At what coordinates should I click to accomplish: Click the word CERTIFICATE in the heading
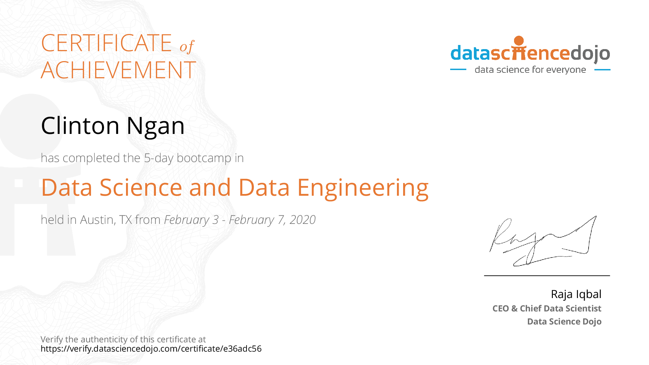pyautogui.click(x=106, y=43)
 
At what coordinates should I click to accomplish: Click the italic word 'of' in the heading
pyautogui.click(x=187, y=46)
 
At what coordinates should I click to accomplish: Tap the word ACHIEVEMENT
pyautogui.click(x=118, y=70)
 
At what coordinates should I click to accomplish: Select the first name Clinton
pyautogui.click(x=80, y=126)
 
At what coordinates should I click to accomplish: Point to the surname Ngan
pyautogui.click(x=156, y=126)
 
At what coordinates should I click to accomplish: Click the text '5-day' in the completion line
pyautogui.click(x=159, y=158)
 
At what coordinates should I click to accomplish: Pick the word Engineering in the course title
pyautogui.click(x=363, y=189)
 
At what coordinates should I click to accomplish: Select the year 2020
pyautogui.click(x=303, y=220)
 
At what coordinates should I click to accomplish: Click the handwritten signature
pyautogui.click(x=543, y=241)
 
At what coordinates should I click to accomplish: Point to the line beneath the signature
pyautogui.click(x=547, y=276)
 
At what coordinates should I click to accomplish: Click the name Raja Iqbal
pyautogui.click(x=576, y=294)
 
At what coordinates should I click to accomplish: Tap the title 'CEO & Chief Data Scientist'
pyautogui.click(x=547, y=308)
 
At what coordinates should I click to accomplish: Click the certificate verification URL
pyautogui.click(x=151, y=349)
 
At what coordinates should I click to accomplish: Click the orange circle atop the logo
pyautogui.click(x=519, y=41)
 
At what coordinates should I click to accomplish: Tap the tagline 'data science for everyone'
pyautogui.click(x=530, y=70)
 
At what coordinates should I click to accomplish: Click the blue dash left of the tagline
pyautogui.click(x=458, y=70)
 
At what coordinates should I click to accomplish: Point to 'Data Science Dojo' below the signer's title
pyautogui.click(x=564, y=321)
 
